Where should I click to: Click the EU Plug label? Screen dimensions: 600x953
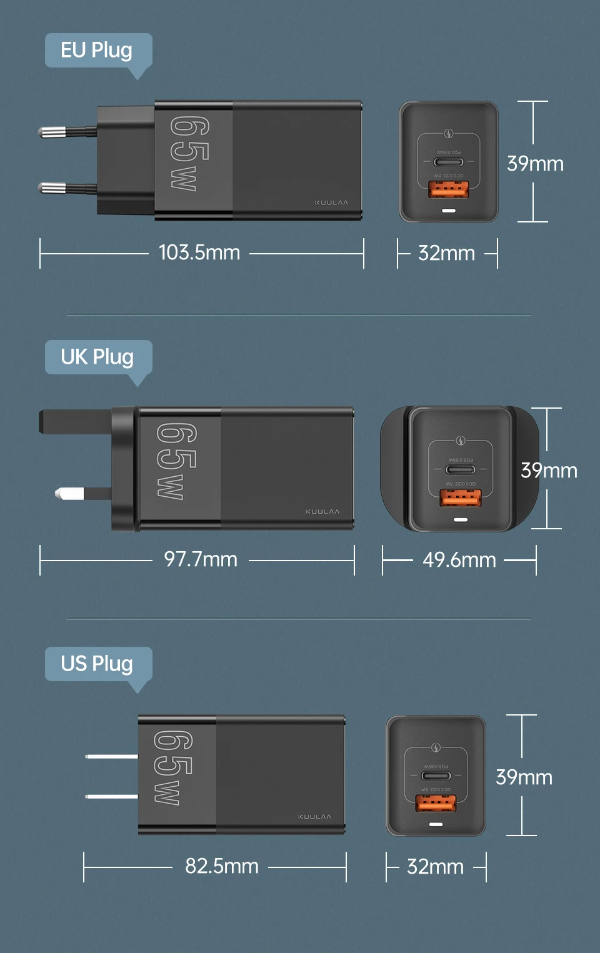point(97,50)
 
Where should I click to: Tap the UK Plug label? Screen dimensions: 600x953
point(97,357)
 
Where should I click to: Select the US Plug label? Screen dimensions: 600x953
point(97,664)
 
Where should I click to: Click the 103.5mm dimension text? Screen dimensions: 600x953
point(199,252)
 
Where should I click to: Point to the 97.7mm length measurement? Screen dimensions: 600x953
point(201,559)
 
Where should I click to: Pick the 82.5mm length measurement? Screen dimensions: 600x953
point(222,866)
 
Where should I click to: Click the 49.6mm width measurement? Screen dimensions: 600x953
point(459,560)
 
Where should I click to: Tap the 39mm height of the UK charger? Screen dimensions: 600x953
point(549,471)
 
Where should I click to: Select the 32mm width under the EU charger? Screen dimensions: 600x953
point(446,253)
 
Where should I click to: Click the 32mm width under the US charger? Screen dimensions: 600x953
point(435,867)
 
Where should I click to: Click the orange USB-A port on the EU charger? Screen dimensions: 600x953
point(448,189)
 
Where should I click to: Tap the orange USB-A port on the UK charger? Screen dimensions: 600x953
point(461,498)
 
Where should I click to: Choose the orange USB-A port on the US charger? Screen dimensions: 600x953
point(436,803)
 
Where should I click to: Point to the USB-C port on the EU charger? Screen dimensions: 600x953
point(448,162)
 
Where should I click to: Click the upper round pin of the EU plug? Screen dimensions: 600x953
point(53,132)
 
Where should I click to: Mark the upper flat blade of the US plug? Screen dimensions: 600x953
point(111,756)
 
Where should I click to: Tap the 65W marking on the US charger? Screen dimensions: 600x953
point(173,767)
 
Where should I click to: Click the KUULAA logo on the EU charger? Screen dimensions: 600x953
point(331,203)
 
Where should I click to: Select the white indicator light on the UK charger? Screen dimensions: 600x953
point(461,519)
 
